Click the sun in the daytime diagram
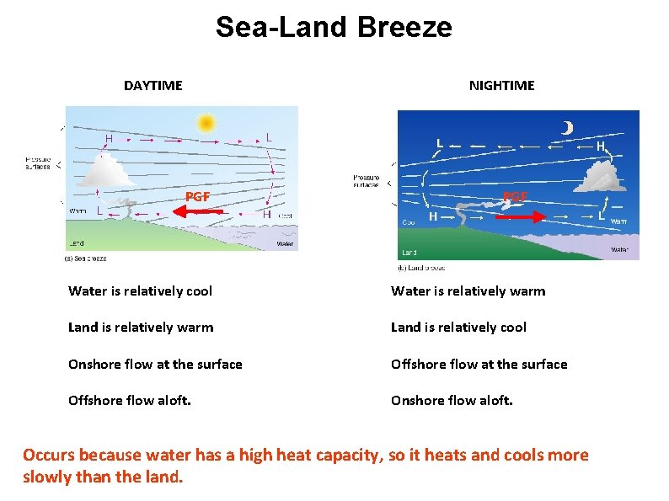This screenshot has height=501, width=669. coord(205,123)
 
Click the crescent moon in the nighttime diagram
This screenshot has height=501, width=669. coord(568,127)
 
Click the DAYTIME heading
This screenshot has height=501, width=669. coord(153,85)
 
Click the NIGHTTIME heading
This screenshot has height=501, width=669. coord(501,85)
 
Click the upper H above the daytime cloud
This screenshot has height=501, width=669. coord(109,139)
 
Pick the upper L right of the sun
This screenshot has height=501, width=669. coord(268,137)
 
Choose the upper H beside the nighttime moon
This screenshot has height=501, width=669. coord(600,146)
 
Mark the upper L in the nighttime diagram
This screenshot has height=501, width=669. coord(439,143)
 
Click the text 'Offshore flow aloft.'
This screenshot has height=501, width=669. coord(129,401)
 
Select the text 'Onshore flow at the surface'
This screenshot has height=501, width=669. coord(155,364)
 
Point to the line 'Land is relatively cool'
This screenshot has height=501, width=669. coord(458,328)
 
